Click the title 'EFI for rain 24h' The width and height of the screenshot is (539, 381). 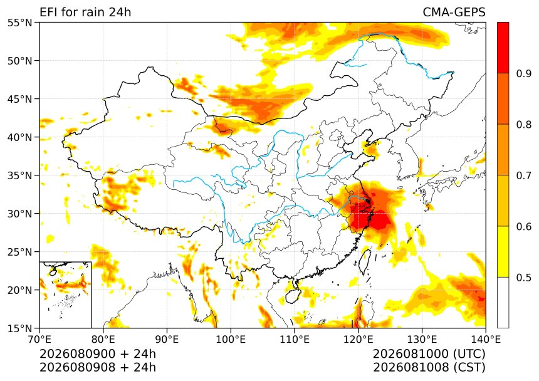point(85,13)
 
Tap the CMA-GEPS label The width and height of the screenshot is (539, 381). point(454,13)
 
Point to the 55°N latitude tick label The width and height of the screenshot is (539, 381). point(19,23)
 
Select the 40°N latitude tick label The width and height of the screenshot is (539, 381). point(19,137)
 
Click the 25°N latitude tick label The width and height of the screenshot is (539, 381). point(19,252)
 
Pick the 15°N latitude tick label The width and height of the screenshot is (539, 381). point(19,328)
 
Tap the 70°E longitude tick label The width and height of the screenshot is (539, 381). point(39,340)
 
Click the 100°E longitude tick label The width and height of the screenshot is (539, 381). point(231,340)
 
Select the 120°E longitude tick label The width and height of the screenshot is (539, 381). point(358,340)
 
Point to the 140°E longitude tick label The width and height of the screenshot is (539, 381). point(485,340)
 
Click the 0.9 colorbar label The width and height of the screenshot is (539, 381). point(523,73)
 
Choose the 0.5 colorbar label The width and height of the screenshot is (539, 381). point(523,277)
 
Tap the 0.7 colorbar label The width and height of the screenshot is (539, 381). point(523,175)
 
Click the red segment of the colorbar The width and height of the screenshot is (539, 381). point(503,48)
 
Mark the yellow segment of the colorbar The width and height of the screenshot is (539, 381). point(503,251)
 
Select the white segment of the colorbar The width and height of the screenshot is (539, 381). point(503,303)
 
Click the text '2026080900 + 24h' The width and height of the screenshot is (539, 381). point(98,354)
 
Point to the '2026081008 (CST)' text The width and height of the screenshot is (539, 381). point(429,367)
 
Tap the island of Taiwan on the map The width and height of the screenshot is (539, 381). point(365,261)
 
